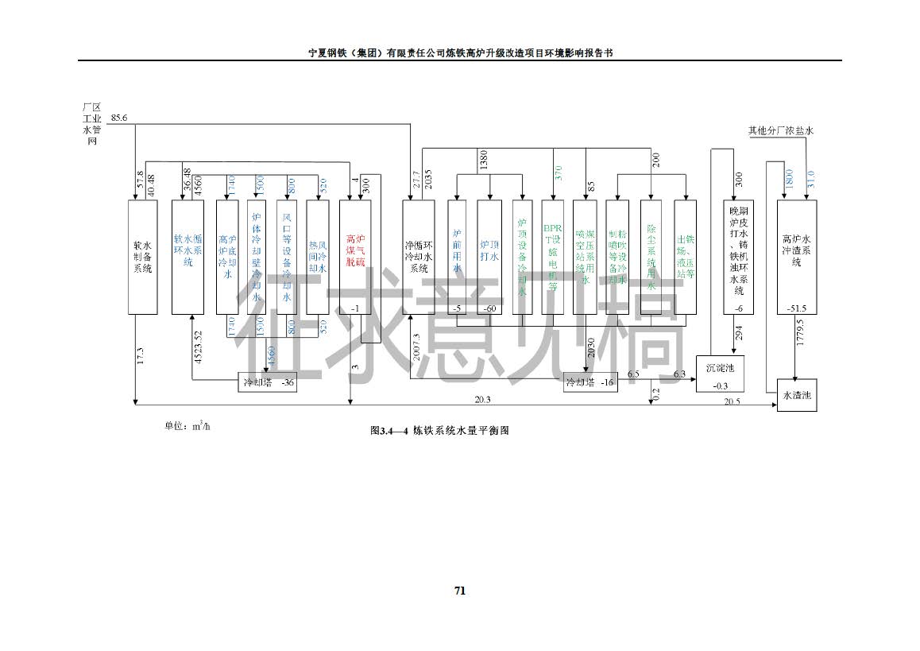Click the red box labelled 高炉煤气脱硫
click(355, 256)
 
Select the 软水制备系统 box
click(143, 256)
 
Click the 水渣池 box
click(797, 395)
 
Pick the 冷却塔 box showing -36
click(267, 382)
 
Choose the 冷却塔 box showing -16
click(589, 382)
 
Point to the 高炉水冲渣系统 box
click(797, 256)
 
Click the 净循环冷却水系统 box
click(418, 256)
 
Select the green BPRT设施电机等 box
click(552, 256)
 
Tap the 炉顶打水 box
click(489, 256)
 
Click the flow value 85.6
click(119, 118)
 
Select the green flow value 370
click(558, 172)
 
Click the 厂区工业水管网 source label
click(92, 123)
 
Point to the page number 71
click(459, 591)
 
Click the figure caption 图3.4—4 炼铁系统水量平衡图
click(439, 430)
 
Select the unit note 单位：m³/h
click(187, 426)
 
